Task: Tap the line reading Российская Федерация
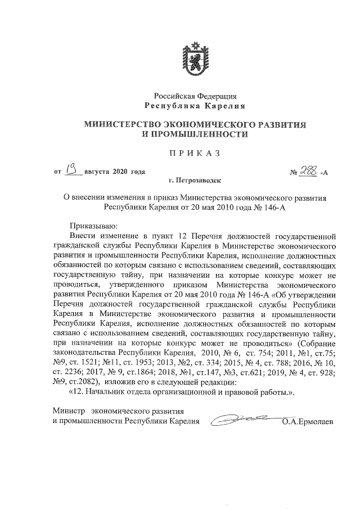[195, 97]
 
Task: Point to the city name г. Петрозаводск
[195, 181]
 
